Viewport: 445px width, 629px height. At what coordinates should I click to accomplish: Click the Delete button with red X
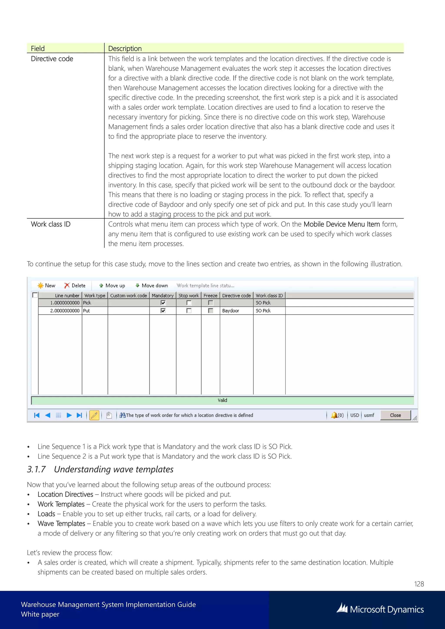click(75, 285)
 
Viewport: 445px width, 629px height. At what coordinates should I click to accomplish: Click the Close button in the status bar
click(395, 415)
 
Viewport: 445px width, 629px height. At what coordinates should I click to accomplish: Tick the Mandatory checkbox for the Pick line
click(163, 303)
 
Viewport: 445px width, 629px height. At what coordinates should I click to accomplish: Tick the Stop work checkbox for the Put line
click(189, 311)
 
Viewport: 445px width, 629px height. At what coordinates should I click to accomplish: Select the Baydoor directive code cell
click(236, 311)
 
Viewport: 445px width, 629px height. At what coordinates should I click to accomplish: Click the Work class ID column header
click(269, 296)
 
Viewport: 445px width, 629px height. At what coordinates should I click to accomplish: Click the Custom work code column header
click(128, 296)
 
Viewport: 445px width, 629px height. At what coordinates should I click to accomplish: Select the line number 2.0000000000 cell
click(65, 311)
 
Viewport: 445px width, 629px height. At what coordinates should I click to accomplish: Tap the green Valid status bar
click(222, 400)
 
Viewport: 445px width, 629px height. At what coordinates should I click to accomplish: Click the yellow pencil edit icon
click(94, 415)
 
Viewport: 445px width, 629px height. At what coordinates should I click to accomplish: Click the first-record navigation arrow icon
click(37, 415)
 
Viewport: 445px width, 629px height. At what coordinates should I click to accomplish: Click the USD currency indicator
click(354, 415)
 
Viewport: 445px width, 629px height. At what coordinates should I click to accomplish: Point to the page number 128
click(419, 584)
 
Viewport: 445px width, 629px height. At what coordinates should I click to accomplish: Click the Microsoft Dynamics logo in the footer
click(380, 609)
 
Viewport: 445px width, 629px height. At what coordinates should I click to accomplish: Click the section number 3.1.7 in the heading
click(36, 469)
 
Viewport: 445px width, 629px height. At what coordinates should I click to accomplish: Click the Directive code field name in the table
click(52, 59)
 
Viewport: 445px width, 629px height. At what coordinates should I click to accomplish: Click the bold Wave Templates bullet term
click(61, 523)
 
